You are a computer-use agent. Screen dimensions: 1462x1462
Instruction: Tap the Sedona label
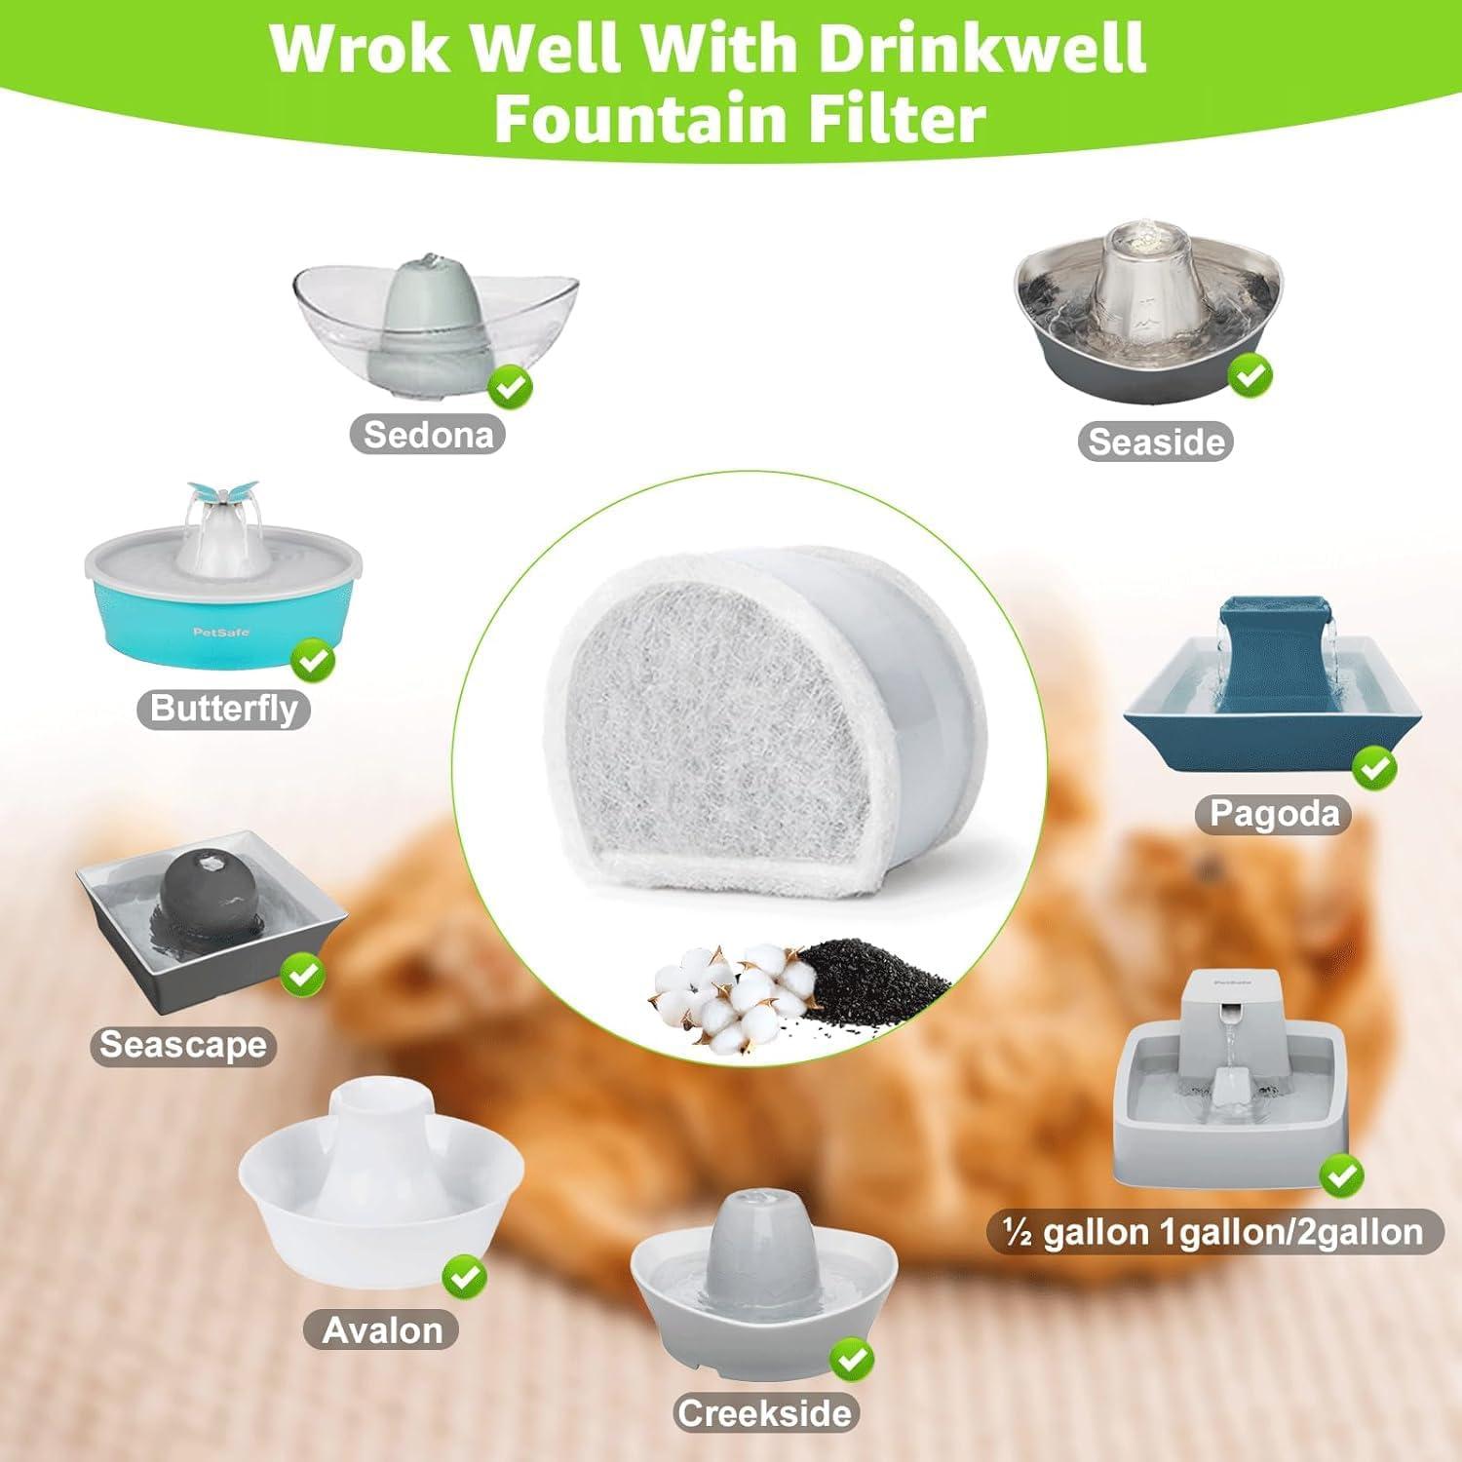pyautogui.click(x=428, y=434)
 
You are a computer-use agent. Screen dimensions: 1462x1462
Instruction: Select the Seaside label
pyautogui.click(x=1156, y=442)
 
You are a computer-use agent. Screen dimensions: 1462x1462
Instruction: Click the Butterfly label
pyautogui.click(x=224, y=709)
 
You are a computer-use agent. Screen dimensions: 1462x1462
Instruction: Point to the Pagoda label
pyautogui.click(x=1274, y=813)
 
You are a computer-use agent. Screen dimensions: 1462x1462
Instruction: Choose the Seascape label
pyautogui.click(x=183, y=1045)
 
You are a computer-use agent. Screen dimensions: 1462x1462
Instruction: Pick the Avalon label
pyautogui.click(x=382, y=1329)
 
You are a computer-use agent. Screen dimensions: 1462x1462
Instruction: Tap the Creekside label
pyautogui.click(x=765, y=1413)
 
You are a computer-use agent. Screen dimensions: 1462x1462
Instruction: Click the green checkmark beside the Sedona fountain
pyautogui.click(x=510, y=388)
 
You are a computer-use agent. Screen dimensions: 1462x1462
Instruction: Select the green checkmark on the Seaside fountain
pyautogui.click(x=1250, y=374)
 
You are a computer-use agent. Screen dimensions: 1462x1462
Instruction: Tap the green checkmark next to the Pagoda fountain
pyautogui.click(x=1374, y=769)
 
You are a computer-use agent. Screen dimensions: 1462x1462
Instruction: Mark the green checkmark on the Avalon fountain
pyautogui.click(x=465, y=1276)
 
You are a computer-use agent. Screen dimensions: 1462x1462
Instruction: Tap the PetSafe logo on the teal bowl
pyautogui.click(x=221, y=632)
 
